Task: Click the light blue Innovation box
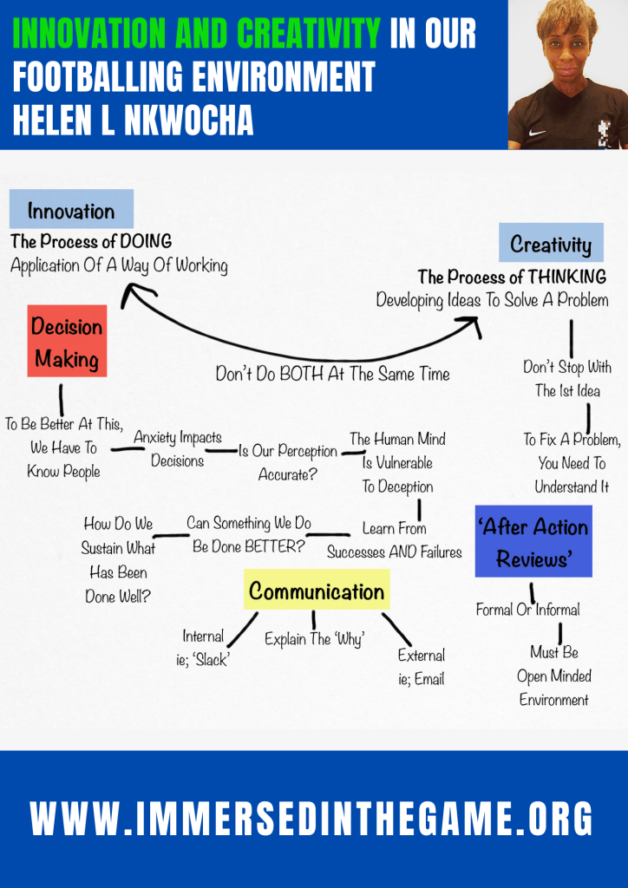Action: coord(71,210)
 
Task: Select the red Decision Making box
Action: coord(67,341)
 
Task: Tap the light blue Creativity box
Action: coord(551,244)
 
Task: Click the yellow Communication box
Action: coord(317,591)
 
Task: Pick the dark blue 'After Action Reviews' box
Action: coord(533,541)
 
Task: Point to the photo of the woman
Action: coord(568,74)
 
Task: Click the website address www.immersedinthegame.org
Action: coord(312,818)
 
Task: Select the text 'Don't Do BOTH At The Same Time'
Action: coord(333,375)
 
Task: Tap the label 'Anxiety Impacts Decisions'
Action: coord(177,449)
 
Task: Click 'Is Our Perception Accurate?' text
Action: coord(288,462)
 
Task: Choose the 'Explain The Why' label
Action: coord(314,640)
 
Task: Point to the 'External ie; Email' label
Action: coord(422,667)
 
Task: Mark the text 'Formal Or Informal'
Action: coord(527,610)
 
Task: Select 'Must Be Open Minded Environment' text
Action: coord(554,676)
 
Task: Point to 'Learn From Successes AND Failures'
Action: coord(395,539)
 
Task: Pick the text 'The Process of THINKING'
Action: coord(512,277)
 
